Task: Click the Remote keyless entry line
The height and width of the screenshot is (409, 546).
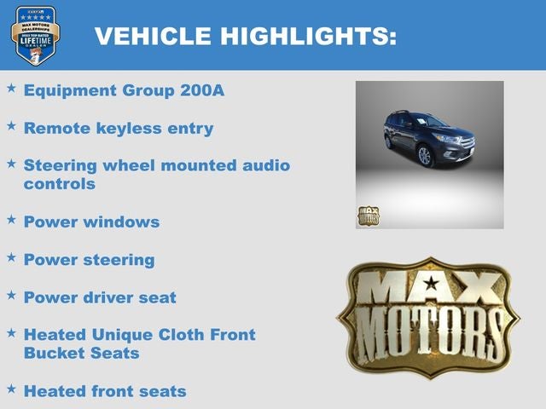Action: coord(119,129)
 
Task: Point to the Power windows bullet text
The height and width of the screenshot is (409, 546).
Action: coord(91,222)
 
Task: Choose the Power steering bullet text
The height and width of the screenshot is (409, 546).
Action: coord(89,260)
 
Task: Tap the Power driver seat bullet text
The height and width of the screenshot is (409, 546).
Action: coord(100,297)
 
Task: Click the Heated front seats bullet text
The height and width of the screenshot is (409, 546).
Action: coord(105,391)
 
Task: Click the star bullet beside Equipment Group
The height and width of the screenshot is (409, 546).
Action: coord(11,88)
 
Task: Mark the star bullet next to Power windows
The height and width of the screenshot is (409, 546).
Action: coord(11,219)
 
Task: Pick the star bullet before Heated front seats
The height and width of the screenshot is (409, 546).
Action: coord(11,389)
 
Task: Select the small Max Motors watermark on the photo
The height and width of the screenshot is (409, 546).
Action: coord(368,216)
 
